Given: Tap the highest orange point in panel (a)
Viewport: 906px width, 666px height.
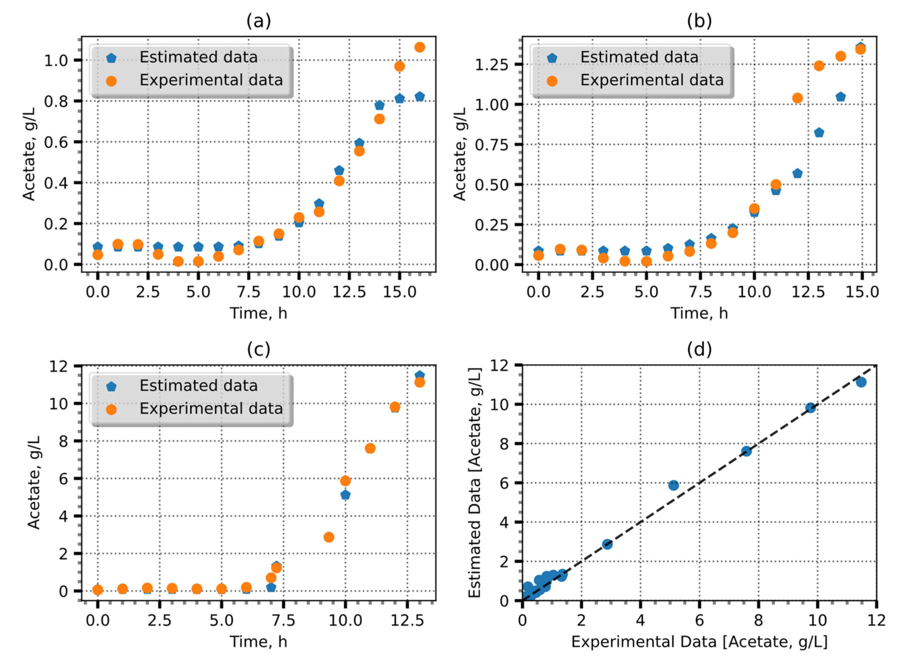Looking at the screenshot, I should coord(419,47).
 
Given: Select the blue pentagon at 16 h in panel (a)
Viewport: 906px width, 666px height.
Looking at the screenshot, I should coord(419,97).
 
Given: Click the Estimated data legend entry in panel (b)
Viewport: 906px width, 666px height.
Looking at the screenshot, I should coord(639,57).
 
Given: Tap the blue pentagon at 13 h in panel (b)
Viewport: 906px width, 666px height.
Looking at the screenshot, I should coord(819,133).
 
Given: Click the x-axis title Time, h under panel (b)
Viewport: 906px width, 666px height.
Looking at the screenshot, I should coord(699,313).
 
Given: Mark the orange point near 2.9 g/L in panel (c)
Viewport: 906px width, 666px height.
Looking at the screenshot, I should coord(329,537).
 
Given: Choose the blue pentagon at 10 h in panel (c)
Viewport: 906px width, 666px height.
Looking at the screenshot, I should coord(345,495).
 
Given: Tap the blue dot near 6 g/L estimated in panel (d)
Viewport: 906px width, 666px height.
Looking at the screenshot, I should coord(673,485).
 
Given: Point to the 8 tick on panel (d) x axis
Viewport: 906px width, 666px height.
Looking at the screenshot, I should coord(758,620).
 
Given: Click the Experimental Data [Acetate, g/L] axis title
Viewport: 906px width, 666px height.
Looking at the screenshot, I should coord(699,642).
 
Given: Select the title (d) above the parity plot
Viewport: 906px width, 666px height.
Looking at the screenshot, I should coord(699,349).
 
